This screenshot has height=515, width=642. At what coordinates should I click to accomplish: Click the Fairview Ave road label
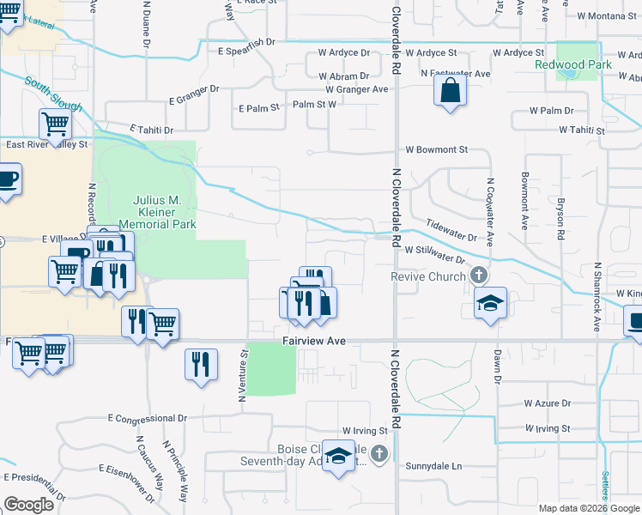tap(314, 341)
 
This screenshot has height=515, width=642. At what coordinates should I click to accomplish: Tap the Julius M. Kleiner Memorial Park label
tap(157, 212)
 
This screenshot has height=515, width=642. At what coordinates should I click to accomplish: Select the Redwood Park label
tap(572, 65)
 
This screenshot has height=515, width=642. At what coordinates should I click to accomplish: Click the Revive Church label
tap(428, 276)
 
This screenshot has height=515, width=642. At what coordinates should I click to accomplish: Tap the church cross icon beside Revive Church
tap(479, 276)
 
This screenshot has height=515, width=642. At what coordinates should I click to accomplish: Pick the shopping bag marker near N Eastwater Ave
tap(451, 90)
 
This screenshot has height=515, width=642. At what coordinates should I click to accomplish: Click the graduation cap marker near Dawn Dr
tap(490, 303)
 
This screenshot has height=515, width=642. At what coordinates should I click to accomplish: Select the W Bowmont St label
tap(436, 149)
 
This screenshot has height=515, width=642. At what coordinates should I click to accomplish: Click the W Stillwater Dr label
tap(428, 254)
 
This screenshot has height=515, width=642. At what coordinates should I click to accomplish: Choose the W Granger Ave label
tap(357, 89)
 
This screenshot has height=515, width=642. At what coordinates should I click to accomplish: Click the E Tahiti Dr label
tap(152, 130)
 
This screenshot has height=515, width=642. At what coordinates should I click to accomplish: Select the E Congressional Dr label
tap(148, 418)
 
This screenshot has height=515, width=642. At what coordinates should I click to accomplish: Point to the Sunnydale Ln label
tap(433, 466)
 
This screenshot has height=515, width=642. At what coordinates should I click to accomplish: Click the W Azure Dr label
tap(548, 403)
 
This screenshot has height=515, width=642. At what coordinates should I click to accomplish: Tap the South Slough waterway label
tap(53, 94)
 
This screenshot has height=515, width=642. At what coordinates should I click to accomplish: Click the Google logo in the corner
tap(28, 505)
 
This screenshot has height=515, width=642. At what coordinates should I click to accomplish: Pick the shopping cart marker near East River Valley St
tap(55, 124)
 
